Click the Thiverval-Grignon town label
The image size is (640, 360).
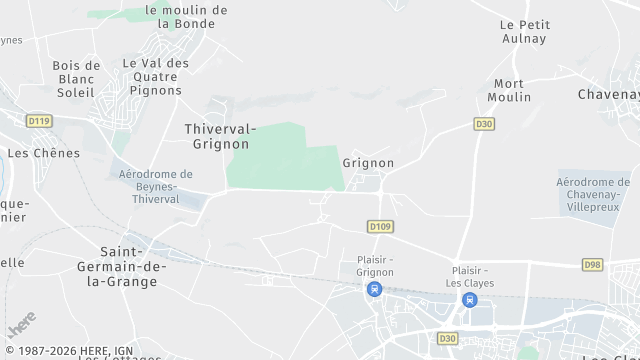tap(221, 136)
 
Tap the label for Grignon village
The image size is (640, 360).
tap(368, 162)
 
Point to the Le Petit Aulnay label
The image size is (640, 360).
tap(524, 31)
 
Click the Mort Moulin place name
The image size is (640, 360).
tap(509, 90)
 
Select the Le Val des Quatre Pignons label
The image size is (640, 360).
tap(154, 76)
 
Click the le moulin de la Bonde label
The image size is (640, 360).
tap(186, 16)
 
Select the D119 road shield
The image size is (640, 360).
tap(39, 121)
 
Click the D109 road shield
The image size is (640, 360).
tap(379, 227)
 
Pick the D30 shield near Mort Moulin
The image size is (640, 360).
tap(484, 124)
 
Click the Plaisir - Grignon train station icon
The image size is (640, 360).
tap(374, 290)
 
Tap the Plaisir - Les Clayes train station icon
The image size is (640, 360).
tap(469, 300)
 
